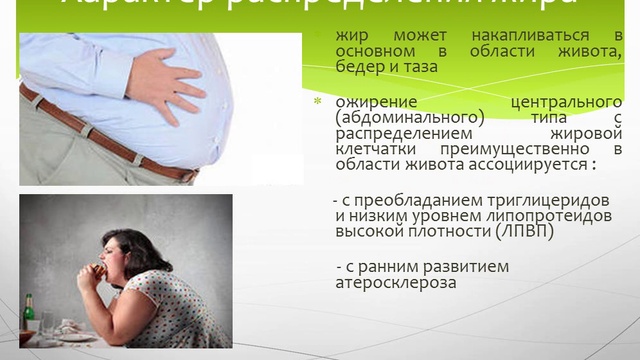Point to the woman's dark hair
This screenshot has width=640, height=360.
(140, 244)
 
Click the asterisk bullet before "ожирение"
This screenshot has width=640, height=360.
(319, 103)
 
